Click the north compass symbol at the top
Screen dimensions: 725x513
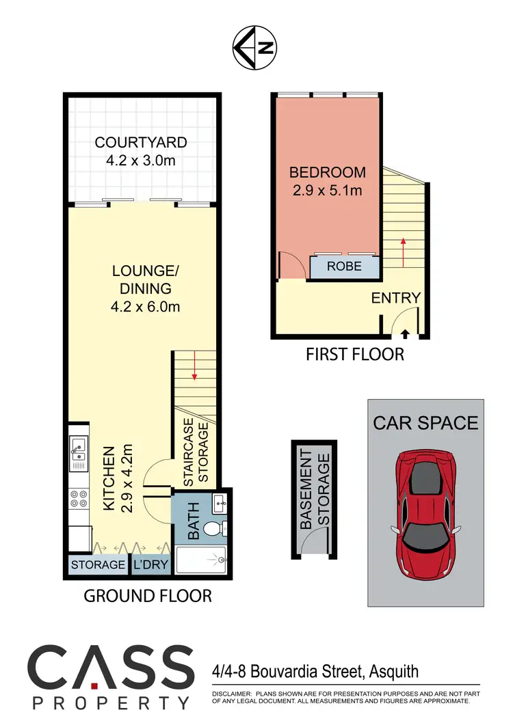click(256, 48)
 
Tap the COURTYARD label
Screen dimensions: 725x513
click(141, 143)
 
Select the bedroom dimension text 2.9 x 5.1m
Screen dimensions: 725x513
click(327, 191)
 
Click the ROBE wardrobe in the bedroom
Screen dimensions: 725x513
click(344, 266)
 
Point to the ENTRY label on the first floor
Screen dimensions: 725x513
click(395, 298)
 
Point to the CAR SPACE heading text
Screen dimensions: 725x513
click(425, 422)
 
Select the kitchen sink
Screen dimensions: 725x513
click(79, 453)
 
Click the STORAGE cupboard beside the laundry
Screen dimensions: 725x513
click(98, 565)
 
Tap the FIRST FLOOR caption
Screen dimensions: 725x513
click(354, 354)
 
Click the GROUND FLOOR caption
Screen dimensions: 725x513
click(148, 596)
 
